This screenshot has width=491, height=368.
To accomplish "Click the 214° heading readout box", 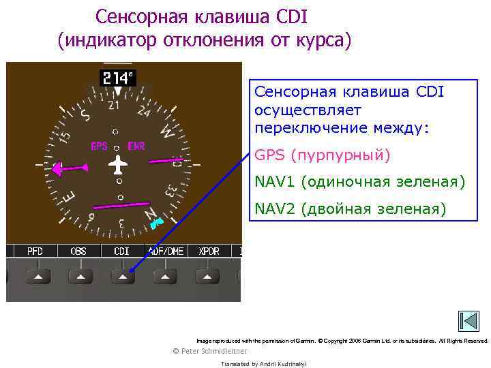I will coord(119,78).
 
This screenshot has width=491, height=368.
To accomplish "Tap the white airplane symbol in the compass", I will coord(119,165).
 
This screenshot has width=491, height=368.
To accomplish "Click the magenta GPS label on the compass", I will coord(99,147).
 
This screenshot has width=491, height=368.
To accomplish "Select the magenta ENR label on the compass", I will coord(136,147).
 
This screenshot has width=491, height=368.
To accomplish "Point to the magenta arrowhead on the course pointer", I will coord(59,167).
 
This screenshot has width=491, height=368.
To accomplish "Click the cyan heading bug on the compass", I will coord(155,222).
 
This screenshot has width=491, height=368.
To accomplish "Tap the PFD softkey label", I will coord(35,251).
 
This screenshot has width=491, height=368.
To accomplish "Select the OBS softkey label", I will coord(78,251).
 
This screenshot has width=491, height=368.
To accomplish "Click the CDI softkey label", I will coord(121,251).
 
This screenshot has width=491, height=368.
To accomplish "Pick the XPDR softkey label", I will coord(209,251).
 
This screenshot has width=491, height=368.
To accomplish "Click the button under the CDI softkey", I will coord(123,276).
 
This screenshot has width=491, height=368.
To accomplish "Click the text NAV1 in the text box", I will coord(275,182).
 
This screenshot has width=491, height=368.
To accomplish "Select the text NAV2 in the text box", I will coord(275,208).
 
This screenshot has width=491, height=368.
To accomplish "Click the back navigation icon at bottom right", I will coord(468,322).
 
